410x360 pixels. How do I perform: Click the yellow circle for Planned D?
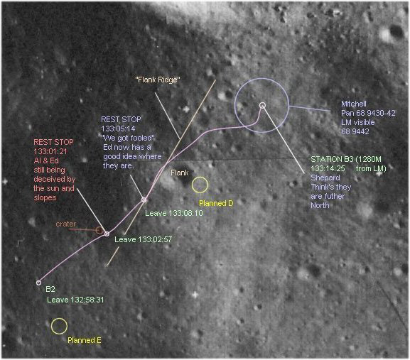click(x=200, y=178)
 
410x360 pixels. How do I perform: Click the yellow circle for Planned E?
click(x=59, y=319)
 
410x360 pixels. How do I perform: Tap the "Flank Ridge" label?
click(x=158, y=80)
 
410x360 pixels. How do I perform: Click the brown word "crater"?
click(x=66, y=224)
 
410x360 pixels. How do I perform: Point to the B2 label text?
click(x=50, y=289)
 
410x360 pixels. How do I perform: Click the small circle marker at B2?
click(x=38, y=283)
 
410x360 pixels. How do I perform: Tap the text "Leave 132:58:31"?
click(x=75, y=300)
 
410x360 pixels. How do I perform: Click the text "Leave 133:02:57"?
click(x=144, y=239)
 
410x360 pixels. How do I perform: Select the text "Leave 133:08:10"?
click(x=174, y=213)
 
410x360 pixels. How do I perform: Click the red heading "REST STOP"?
click(x=53, y=142)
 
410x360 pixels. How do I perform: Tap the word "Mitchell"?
click(x=354, y=104)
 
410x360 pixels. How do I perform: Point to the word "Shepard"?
click(x=325, y=178)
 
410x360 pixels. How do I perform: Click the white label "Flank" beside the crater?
click(x=179, y=173)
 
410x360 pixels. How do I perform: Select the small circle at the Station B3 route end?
click(x=262, y=105)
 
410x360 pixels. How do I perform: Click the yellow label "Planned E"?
click(x=84, y=340)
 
